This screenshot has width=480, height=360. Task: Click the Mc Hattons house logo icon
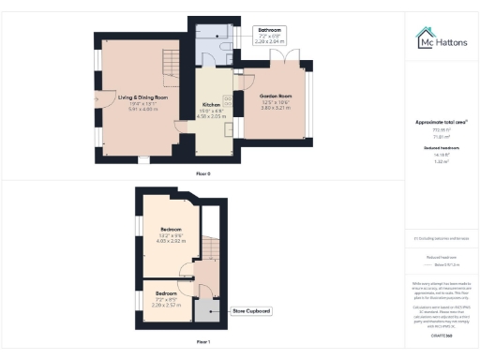click(422, 37)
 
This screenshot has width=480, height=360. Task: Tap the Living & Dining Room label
click(142, 97)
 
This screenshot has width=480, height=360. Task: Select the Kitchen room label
click(211, 105)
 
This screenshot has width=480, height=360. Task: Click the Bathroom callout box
click(270, 37)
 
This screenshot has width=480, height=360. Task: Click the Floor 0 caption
click(203, 174)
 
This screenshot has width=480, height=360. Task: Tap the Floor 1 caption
click(203, 342)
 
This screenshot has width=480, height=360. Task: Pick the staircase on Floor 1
click(210, 250)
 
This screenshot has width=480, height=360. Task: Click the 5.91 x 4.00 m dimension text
click(142, 109)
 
